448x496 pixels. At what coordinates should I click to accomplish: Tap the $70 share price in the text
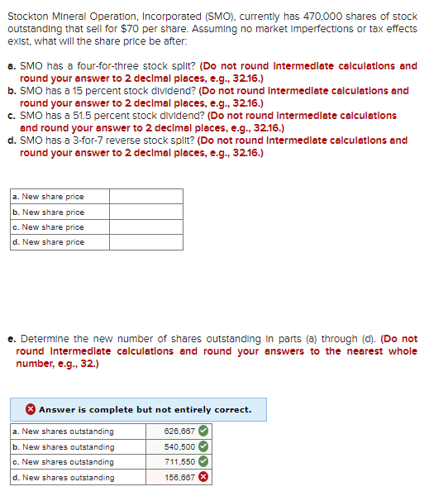point(145,29)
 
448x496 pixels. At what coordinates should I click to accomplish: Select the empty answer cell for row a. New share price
point(145,197)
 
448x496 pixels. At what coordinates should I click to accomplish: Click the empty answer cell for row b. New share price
point(145,212)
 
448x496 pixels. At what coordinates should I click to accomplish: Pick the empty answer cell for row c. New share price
point(145,227)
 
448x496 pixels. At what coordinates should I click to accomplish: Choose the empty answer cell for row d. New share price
point(145,241)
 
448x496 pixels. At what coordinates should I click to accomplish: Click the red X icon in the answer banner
point(30,409)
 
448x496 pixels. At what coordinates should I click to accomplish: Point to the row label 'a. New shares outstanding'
point(63,431)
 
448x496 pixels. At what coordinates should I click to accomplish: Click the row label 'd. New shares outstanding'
point(63,477)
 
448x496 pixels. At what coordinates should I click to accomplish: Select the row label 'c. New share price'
point(48,227)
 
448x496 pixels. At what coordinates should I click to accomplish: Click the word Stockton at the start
point(27,17)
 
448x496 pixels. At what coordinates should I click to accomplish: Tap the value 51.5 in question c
point(87,116)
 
